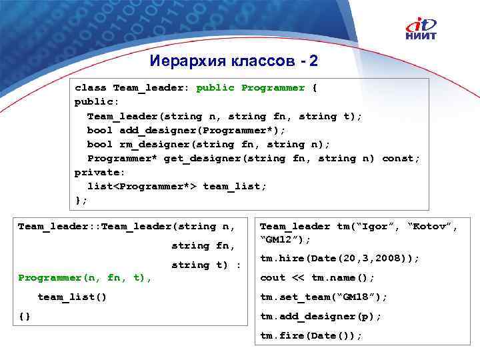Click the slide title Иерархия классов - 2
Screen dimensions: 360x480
235,61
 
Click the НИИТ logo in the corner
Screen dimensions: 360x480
423,31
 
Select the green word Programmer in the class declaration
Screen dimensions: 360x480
273,88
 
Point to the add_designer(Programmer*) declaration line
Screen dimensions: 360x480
186,130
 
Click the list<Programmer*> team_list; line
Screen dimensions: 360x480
177,186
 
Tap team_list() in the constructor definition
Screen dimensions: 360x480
72,297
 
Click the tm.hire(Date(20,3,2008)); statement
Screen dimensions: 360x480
339,258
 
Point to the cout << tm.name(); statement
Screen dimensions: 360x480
317,277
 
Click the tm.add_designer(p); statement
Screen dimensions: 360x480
321,316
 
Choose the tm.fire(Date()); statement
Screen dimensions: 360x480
311,335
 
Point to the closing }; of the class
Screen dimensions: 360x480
81,200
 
